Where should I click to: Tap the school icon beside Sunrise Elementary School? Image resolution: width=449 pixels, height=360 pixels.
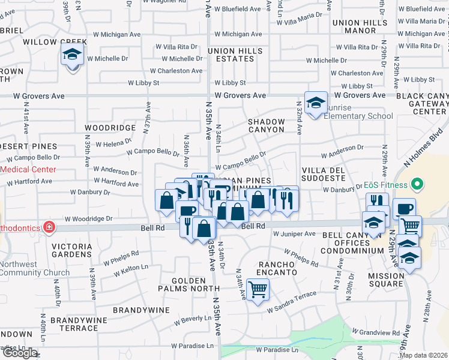click(x=315, y=102)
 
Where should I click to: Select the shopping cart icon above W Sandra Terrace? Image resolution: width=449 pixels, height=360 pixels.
click(x=258, y=289)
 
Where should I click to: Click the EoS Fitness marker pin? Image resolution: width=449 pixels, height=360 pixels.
click(x=418, y=185)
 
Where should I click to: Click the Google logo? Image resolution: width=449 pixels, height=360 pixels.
click(x=19, y=353)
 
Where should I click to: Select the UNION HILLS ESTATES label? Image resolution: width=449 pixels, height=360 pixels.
click(x=231, y=55)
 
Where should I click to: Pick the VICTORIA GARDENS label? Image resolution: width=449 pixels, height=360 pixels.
click(x=71, y=251)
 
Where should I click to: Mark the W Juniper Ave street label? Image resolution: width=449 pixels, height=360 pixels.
click(x=294, y=233)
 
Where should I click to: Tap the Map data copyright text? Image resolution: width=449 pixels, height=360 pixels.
click(x=423, y=355)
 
